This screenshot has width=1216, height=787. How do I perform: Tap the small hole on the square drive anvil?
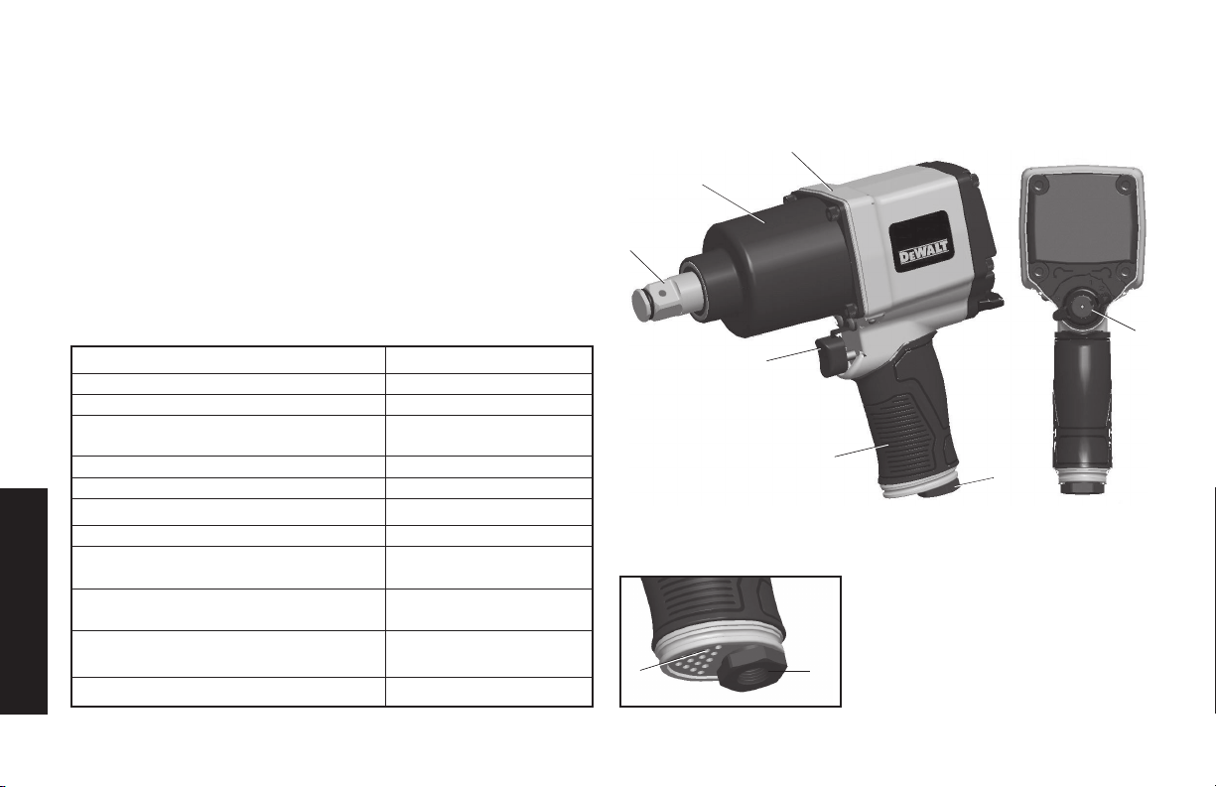[x=663, y=293]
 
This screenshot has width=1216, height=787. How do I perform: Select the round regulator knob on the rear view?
[x=1081, y=308]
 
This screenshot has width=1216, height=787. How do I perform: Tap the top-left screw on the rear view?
[x=1038, y=185]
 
